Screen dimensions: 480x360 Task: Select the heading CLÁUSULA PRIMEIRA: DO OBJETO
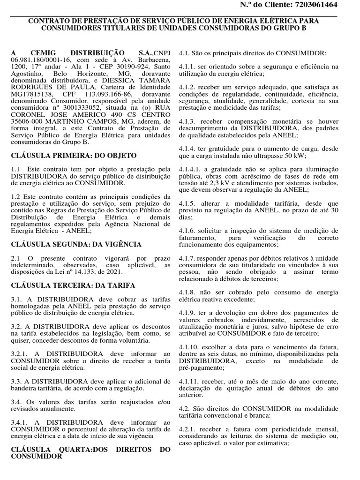pos(74,155)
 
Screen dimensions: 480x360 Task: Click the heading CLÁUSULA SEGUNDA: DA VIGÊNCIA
pos(76,244)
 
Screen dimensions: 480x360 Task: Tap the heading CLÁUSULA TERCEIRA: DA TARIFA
pos(73,285)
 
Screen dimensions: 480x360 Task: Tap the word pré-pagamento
pos(202,368)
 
